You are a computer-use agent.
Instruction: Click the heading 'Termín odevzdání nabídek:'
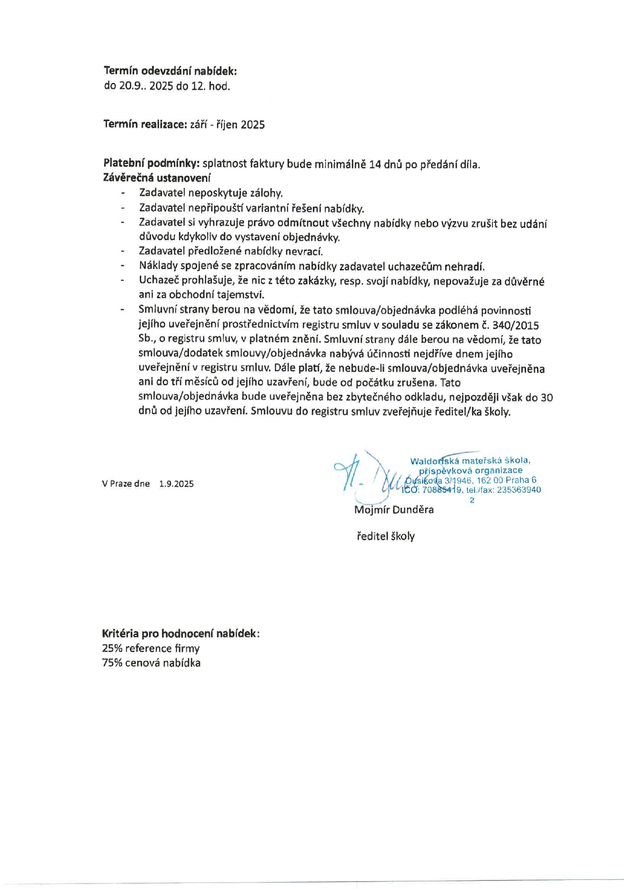click(170, 71)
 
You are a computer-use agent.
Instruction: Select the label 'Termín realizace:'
click(145, 124)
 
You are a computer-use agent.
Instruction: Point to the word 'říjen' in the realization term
click(227, 125)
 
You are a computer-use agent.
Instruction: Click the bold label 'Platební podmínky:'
click(151, 164)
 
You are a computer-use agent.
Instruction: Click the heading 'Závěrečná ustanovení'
click(157, 178)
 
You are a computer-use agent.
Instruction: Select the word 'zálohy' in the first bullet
click(266, 193)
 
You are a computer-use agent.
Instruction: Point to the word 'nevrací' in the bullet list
click(306, 251)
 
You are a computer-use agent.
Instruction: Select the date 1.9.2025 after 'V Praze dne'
click(176, 484)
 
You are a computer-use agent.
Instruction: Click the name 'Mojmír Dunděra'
click(394, 509)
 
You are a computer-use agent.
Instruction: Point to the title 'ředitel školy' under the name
click(385, 536)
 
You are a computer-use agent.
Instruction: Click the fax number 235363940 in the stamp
click(519, 490)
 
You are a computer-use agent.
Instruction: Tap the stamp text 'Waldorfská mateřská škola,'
click(470, 461)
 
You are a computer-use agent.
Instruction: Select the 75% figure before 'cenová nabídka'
click(111, 663)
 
